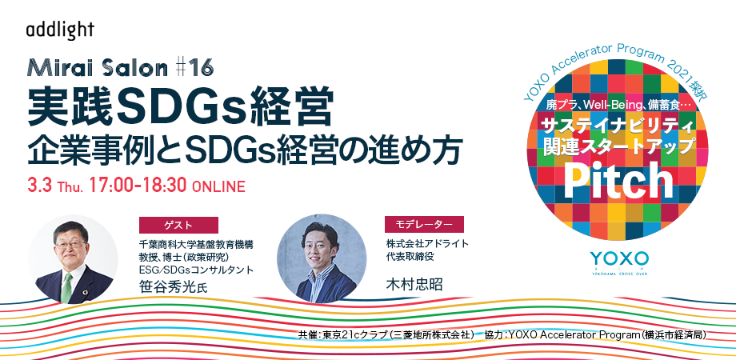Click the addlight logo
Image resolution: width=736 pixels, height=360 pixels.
click(x=60, y=30)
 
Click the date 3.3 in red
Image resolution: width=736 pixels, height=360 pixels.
click(x=39, y=186)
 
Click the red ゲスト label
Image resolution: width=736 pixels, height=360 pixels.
click(x=178, y=225)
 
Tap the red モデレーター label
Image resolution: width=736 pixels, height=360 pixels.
click(x=424, y=224)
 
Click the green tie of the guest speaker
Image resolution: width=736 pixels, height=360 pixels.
click(x=67, y=286)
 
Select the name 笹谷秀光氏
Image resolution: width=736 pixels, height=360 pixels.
click(x=174, y=286)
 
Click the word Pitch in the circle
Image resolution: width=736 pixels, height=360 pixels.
click(x=618, y=180)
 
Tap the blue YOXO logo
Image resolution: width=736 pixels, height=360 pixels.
click(x=619, y=258)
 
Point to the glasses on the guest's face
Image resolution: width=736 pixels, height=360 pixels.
click(x=70, y=245)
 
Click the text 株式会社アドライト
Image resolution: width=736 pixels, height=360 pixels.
click(x=428, y=243)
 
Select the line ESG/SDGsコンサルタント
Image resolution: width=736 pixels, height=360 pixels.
click(x=196, y=270)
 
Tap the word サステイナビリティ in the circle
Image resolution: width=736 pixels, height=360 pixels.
click(x=618, y=126)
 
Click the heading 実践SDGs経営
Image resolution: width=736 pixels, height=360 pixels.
click(x=181, y=107)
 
